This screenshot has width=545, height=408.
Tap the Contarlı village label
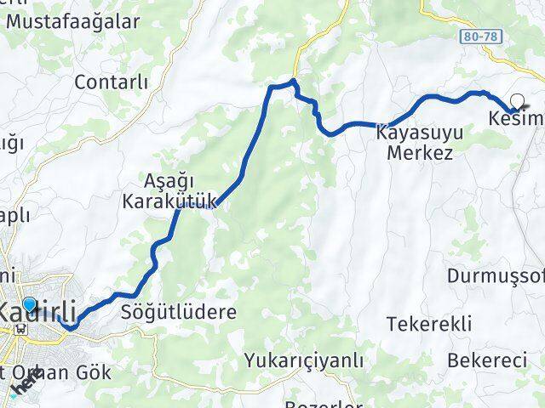(112, 82)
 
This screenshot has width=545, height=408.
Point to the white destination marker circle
(515, 101)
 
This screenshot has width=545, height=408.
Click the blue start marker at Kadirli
(31, 303)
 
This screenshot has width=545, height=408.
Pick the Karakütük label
(169, 201)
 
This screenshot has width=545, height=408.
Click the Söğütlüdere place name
(179, 312)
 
